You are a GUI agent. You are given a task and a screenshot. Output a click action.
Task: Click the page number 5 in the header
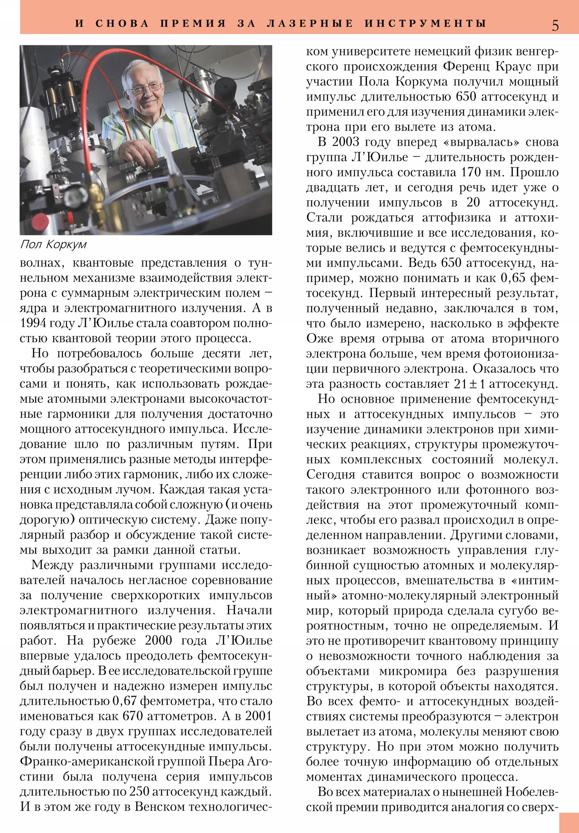[x=555, y=25]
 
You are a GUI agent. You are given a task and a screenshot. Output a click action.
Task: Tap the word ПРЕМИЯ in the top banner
[x=193, y=24]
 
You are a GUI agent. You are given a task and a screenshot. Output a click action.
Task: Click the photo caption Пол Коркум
[x=53, y=244]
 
